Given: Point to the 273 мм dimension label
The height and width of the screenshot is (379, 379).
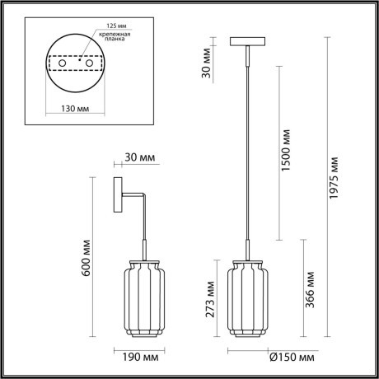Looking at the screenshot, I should coord(212,298).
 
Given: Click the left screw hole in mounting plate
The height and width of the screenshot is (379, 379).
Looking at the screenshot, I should coord(61,63).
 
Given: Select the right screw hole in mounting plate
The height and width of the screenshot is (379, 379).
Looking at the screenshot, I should coord(88,63).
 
